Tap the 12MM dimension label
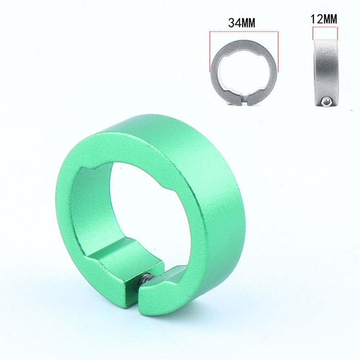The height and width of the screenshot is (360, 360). [325, 19]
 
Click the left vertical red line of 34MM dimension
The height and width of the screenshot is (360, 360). [210, 50]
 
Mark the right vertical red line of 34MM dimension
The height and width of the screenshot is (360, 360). [278, 50]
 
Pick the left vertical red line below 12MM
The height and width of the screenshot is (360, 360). [314, 35]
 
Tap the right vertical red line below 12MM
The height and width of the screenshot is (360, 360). [337, 35]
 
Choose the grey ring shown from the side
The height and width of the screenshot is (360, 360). [325, 72]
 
